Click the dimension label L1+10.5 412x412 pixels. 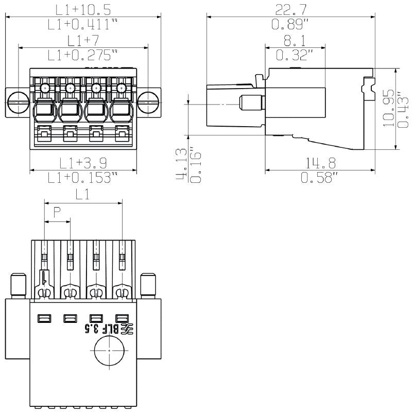pos(82,9)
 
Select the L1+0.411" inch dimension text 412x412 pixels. pos(82,24)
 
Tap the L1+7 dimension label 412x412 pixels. pos(83,40)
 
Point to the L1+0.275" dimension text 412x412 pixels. pos(83,55)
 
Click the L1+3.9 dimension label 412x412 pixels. pos(82,163)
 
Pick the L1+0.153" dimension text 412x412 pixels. pos(82,178)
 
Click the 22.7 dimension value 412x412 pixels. pos(291,9)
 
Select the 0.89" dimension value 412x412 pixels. pos(291,24)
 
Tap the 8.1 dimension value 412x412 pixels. pos(295,40)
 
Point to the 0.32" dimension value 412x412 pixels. pos(295,55)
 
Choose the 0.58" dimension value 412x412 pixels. pos(319,178)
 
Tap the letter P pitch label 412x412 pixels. pos(57,211)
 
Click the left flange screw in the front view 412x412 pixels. pos(18,101)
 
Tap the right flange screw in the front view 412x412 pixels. pos(149,101)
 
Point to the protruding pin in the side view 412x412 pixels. pos(252,103)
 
